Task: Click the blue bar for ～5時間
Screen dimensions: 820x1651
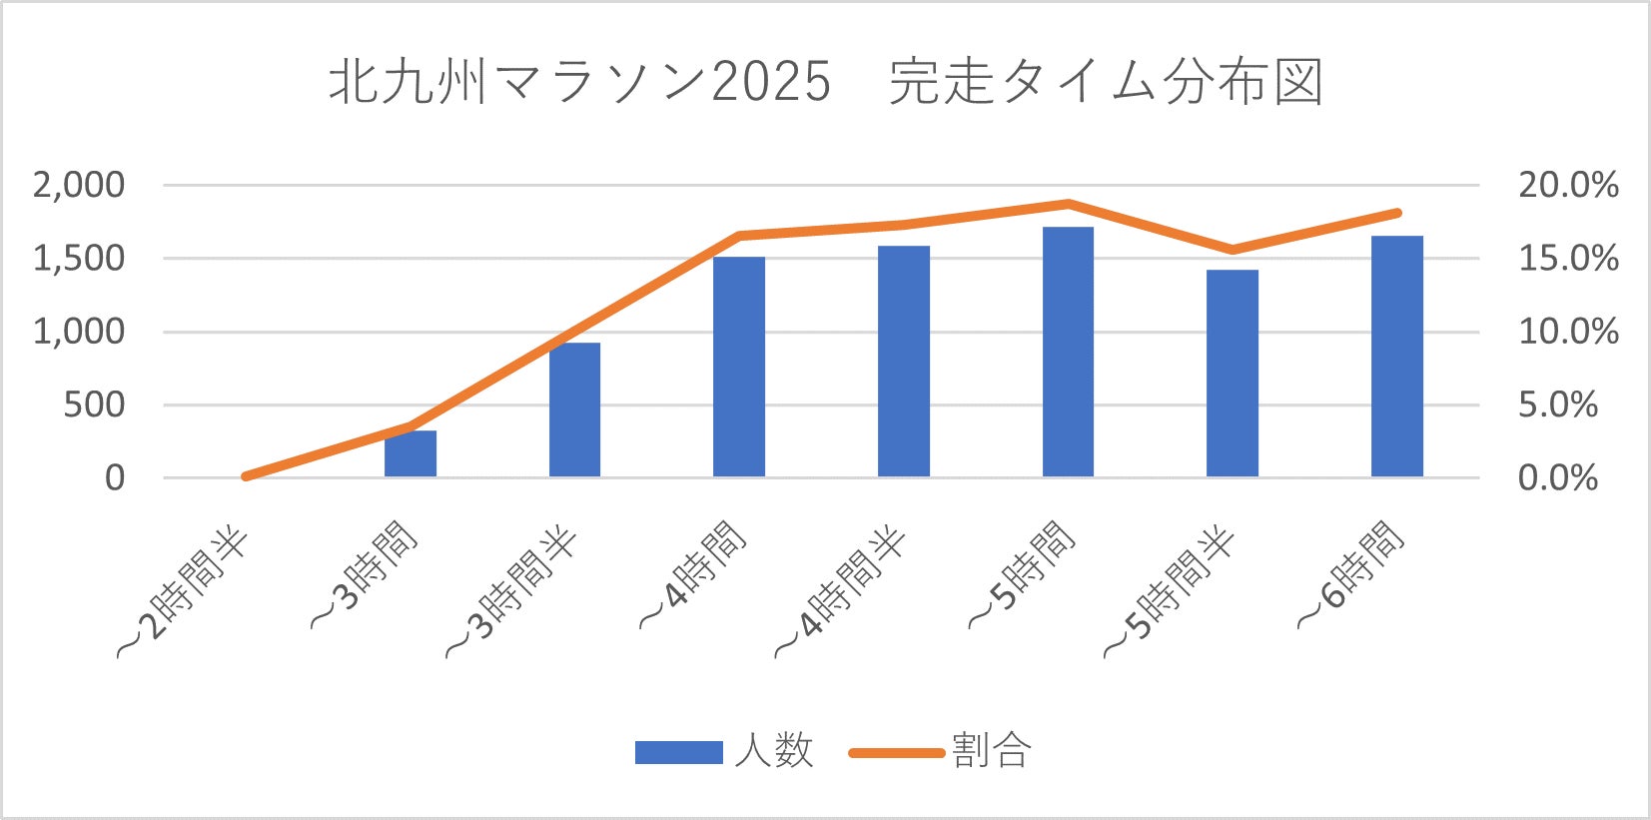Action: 1068,352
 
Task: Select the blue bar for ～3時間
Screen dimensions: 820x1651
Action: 411,453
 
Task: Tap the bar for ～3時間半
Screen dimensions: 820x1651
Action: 574,410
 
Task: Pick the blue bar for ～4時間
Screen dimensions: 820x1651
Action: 739,367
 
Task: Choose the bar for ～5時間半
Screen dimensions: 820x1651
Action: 1233,373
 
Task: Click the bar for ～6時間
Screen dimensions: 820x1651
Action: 1396,356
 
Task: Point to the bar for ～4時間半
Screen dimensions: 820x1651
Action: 904,361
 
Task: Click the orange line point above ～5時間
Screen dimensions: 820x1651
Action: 1068,204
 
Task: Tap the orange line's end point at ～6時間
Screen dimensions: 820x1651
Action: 1397,213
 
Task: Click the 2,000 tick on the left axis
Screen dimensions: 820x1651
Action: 79,185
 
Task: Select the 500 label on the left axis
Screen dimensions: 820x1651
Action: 94,405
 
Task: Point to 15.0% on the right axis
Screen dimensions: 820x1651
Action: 1568,258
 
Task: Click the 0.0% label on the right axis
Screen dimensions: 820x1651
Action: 1558,477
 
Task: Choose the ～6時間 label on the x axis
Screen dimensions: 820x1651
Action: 1350,576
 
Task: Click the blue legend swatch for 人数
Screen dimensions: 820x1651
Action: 678,752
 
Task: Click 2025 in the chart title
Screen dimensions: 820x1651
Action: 770,81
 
